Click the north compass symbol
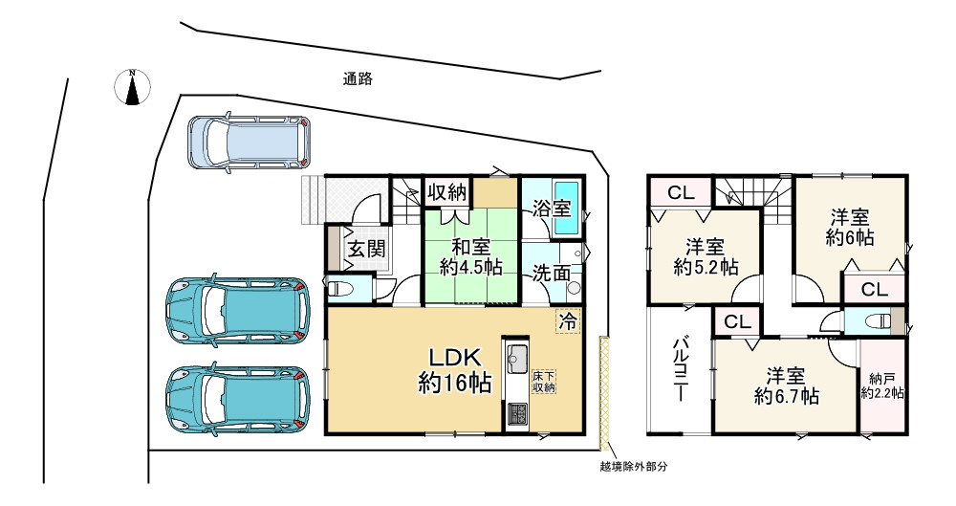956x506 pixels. point(134,87)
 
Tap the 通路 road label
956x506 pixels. point(358,80)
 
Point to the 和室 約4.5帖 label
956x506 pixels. point(471,255)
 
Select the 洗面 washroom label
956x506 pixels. point(554,273)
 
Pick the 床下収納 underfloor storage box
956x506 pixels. point(544,380)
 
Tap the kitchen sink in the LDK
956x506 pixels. point(517,360)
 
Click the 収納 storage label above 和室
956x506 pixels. point(446,191)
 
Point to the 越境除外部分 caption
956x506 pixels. point(626,467)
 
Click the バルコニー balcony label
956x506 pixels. point(681,367)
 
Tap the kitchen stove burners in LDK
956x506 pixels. point(517,413)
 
